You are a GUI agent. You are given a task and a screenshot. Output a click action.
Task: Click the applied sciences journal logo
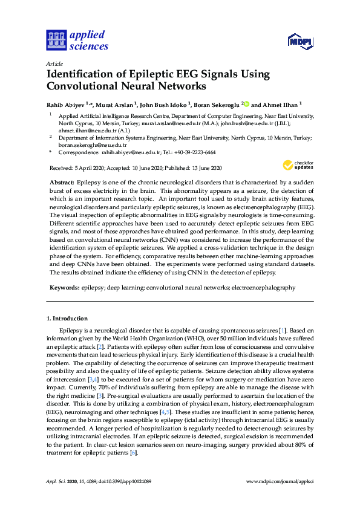coord(77,41)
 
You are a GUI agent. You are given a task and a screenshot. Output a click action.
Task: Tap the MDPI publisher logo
coord(301,41)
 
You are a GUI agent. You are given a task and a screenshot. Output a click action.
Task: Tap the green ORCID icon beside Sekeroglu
coord(246,103)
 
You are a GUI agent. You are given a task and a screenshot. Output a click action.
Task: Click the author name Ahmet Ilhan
coord(277,104)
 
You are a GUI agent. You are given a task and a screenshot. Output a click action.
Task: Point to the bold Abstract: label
coord(62,182)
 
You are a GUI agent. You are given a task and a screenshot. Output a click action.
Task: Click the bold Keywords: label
coord(64,288)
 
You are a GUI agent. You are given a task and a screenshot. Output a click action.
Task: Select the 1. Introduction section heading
coord(67,318)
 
